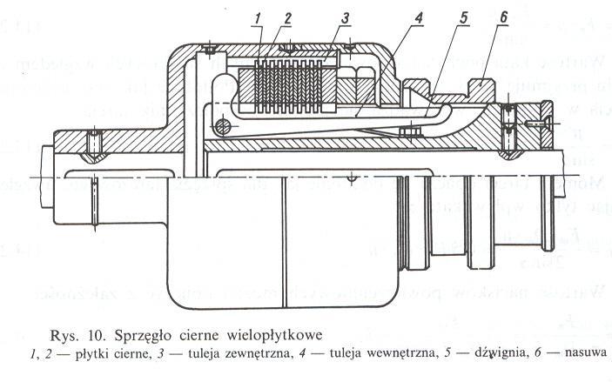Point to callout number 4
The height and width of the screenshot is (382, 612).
(393, 17)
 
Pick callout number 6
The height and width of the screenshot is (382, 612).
(503, 17)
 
